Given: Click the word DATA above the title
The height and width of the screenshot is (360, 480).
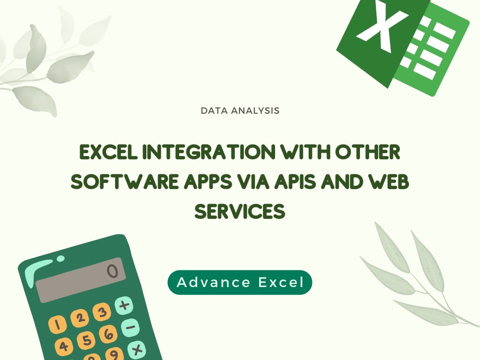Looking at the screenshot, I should (x=214, y=111).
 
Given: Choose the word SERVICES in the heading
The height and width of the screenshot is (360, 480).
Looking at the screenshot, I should (x=240, y=212).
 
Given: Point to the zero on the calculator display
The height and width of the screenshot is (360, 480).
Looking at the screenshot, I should (x=112, y=272).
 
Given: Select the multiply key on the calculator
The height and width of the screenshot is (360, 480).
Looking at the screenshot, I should (x=137, y=349).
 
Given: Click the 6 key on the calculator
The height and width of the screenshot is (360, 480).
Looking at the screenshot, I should (x=108, y=334).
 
